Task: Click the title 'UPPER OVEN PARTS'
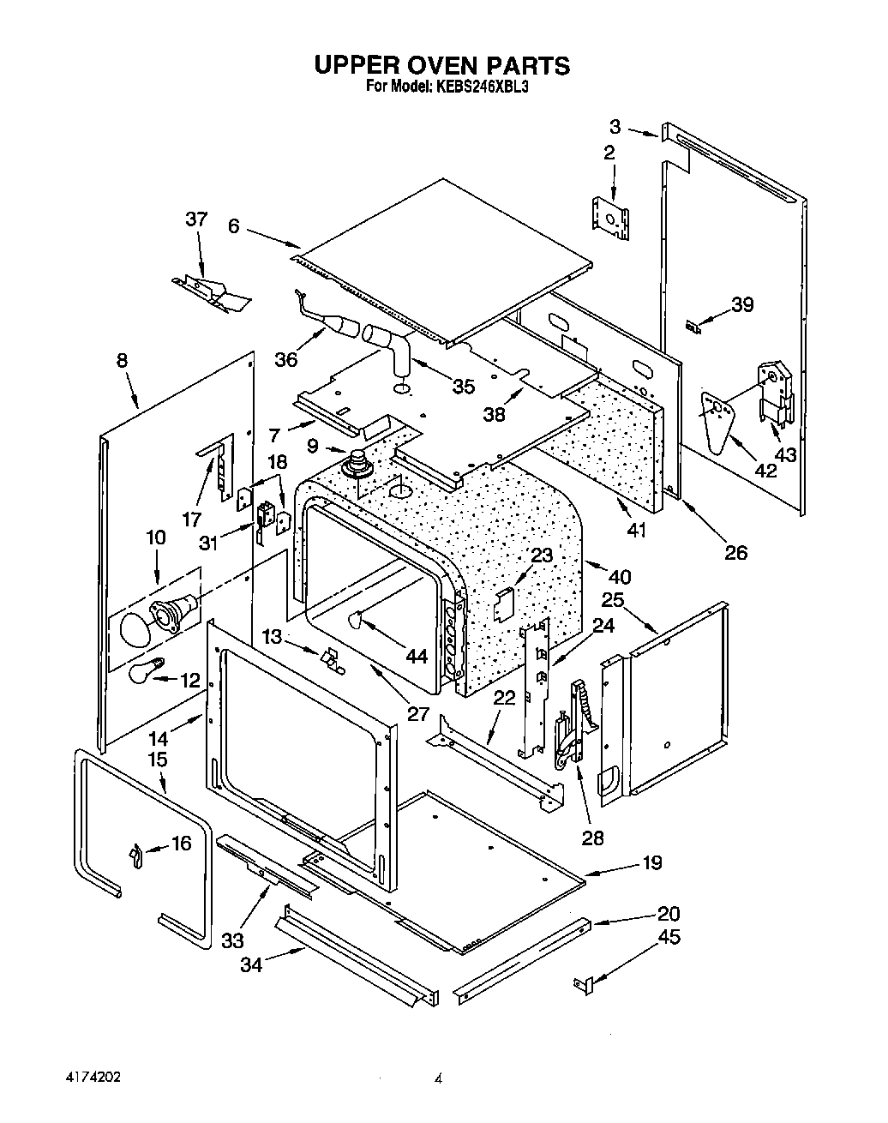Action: click(441, 65)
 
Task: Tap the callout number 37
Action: click(196, 219)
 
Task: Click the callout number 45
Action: click(669, 937)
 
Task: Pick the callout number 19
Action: click(652, 862)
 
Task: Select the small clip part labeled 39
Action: click(693, 326)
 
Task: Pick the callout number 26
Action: click(735, 553)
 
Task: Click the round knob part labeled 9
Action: click(354, 465)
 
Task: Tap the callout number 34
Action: click(249, 964)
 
